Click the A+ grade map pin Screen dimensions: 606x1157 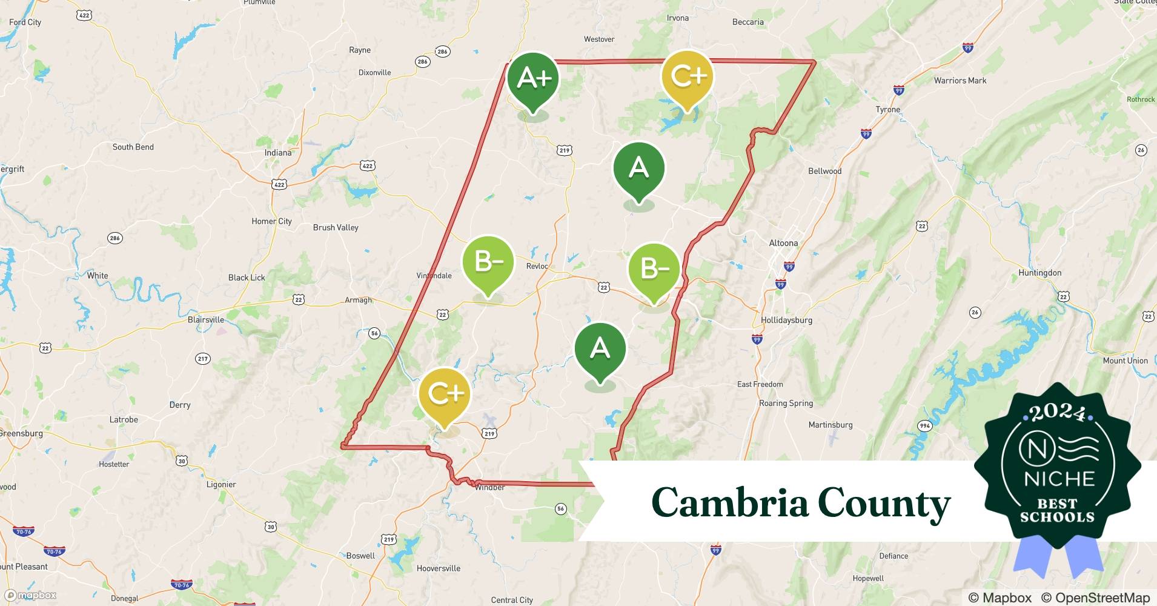coord(532,79)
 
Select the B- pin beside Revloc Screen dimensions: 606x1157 coord(488,262)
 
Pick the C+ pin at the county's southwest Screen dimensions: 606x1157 coord(444,395)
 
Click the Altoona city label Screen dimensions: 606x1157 coord(783,243)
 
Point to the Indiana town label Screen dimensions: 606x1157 coord(278,153)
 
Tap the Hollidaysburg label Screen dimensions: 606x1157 coord(786,320)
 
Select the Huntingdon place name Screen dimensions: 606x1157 coord(1039,273)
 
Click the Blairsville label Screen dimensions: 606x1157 coord(206,320)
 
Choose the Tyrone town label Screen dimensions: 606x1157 coord(887,110)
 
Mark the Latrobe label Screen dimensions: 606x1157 coord(124,419)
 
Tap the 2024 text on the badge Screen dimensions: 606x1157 coord(1057,413)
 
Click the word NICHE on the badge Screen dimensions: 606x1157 coord(1059,479)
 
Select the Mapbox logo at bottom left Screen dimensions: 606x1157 coord(30,596)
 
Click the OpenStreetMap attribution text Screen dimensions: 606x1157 coord(1095,598)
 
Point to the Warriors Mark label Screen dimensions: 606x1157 coord(960,81)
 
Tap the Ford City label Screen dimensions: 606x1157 coord(25,22)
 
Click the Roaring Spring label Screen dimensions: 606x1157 coord(786,404)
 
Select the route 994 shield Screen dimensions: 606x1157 coord(924,426)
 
